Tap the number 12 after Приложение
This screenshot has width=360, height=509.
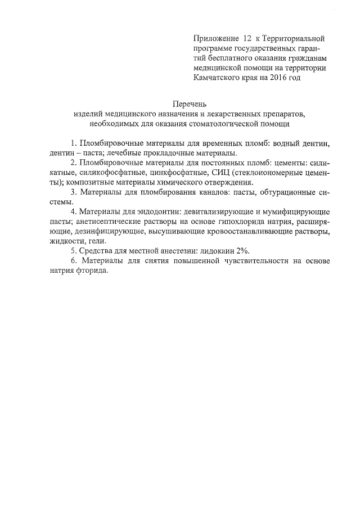(247, 39)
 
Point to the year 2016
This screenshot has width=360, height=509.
(277, 78)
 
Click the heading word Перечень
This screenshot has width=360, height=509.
(190, 103)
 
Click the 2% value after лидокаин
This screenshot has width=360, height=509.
(242, 251)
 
